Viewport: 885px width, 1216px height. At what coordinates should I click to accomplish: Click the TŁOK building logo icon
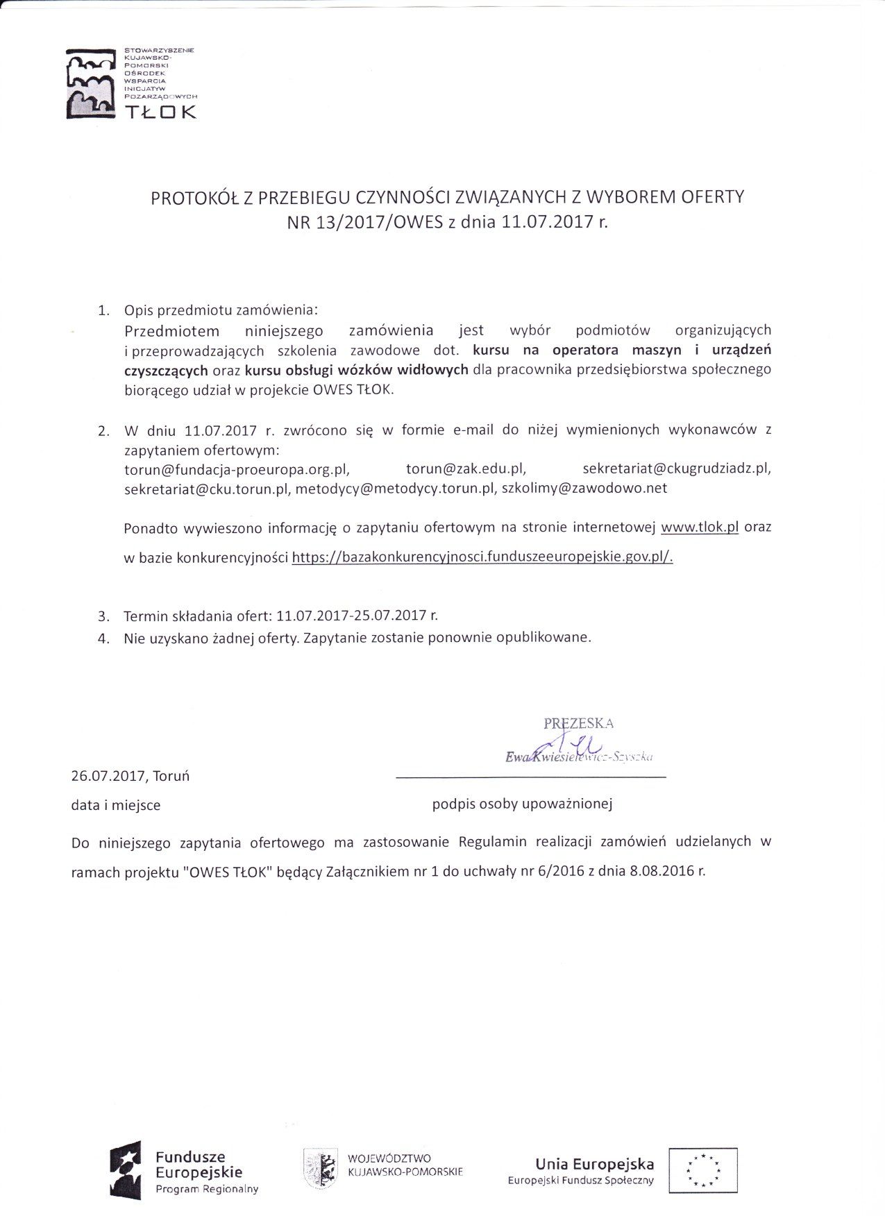[89, 83]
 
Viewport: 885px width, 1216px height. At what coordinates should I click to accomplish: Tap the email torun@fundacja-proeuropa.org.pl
[237, 468]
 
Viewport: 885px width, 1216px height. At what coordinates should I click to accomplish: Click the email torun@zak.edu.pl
[466, 468]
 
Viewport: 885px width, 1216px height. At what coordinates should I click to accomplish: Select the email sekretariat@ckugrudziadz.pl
[677, 468]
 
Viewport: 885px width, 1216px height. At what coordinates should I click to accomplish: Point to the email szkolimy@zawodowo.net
[584, 488]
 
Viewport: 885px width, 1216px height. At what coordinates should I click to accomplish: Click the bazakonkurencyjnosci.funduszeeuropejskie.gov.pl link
[482, 557]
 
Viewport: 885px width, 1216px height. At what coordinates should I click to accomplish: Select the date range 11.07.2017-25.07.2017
[351, 616]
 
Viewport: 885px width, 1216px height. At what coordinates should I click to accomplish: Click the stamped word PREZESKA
[578, 723]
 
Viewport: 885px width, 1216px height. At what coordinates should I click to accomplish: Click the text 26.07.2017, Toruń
[130, 776]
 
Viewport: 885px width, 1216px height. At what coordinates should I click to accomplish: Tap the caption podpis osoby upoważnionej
[522, 804]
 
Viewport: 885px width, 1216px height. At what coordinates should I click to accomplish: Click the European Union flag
[702, 1169]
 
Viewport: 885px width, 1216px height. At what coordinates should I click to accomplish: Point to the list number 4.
[104, 639]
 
